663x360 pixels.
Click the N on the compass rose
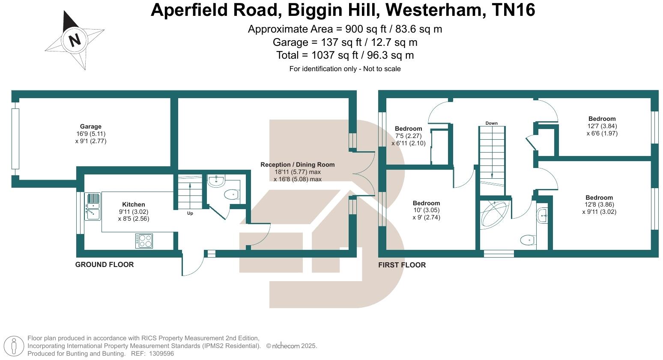pos(75,40)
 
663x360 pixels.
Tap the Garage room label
pos(91,126)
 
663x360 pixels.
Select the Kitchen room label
pos(134,204)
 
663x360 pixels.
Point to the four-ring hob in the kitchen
pos(144,240)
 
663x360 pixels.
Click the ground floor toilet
pos(231,195)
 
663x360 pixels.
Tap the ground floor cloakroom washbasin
pos(216,180)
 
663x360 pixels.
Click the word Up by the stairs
pos(190,213)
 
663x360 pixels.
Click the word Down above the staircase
pos(491,123)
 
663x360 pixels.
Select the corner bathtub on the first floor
pos(495,213)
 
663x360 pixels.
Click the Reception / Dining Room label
pos(297,165)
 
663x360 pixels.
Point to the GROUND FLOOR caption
pos(105,264)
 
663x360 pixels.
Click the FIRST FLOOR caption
pos(402,265)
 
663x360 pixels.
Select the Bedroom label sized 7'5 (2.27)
pos(408,129)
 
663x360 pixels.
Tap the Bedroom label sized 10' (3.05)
pos(426,203)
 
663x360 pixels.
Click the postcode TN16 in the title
pos(513,10)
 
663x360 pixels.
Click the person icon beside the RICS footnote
pos(15,346)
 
